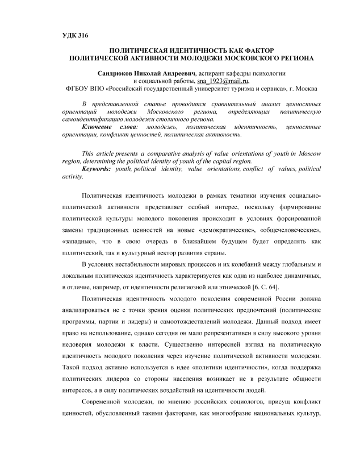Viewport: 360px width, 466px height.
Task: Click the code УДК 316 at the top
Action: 75,35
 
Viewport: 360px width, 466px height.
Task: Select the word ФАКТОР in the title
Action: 256,50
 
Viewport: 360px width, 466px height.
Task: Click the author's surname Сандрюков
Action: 118,73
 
